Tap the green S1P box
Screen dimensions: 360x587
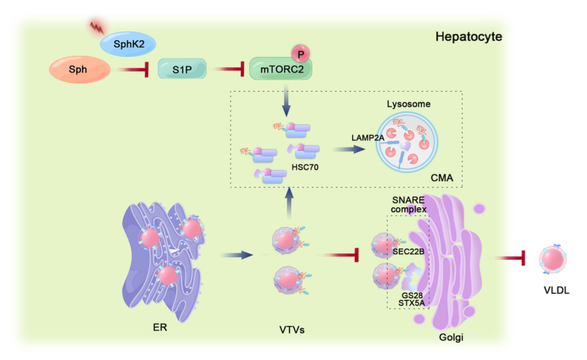pyautogui.click(x=182, y=69)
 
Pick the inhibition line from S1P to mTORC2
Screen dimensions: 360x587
pyautogui.click(x=228, y=69)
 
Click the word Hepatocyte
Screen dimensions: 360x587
pyautogui.click(x=468, y=37)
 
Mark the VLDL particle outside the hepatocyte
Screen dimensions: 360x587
pyautogui.click(x=555, y=258)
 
